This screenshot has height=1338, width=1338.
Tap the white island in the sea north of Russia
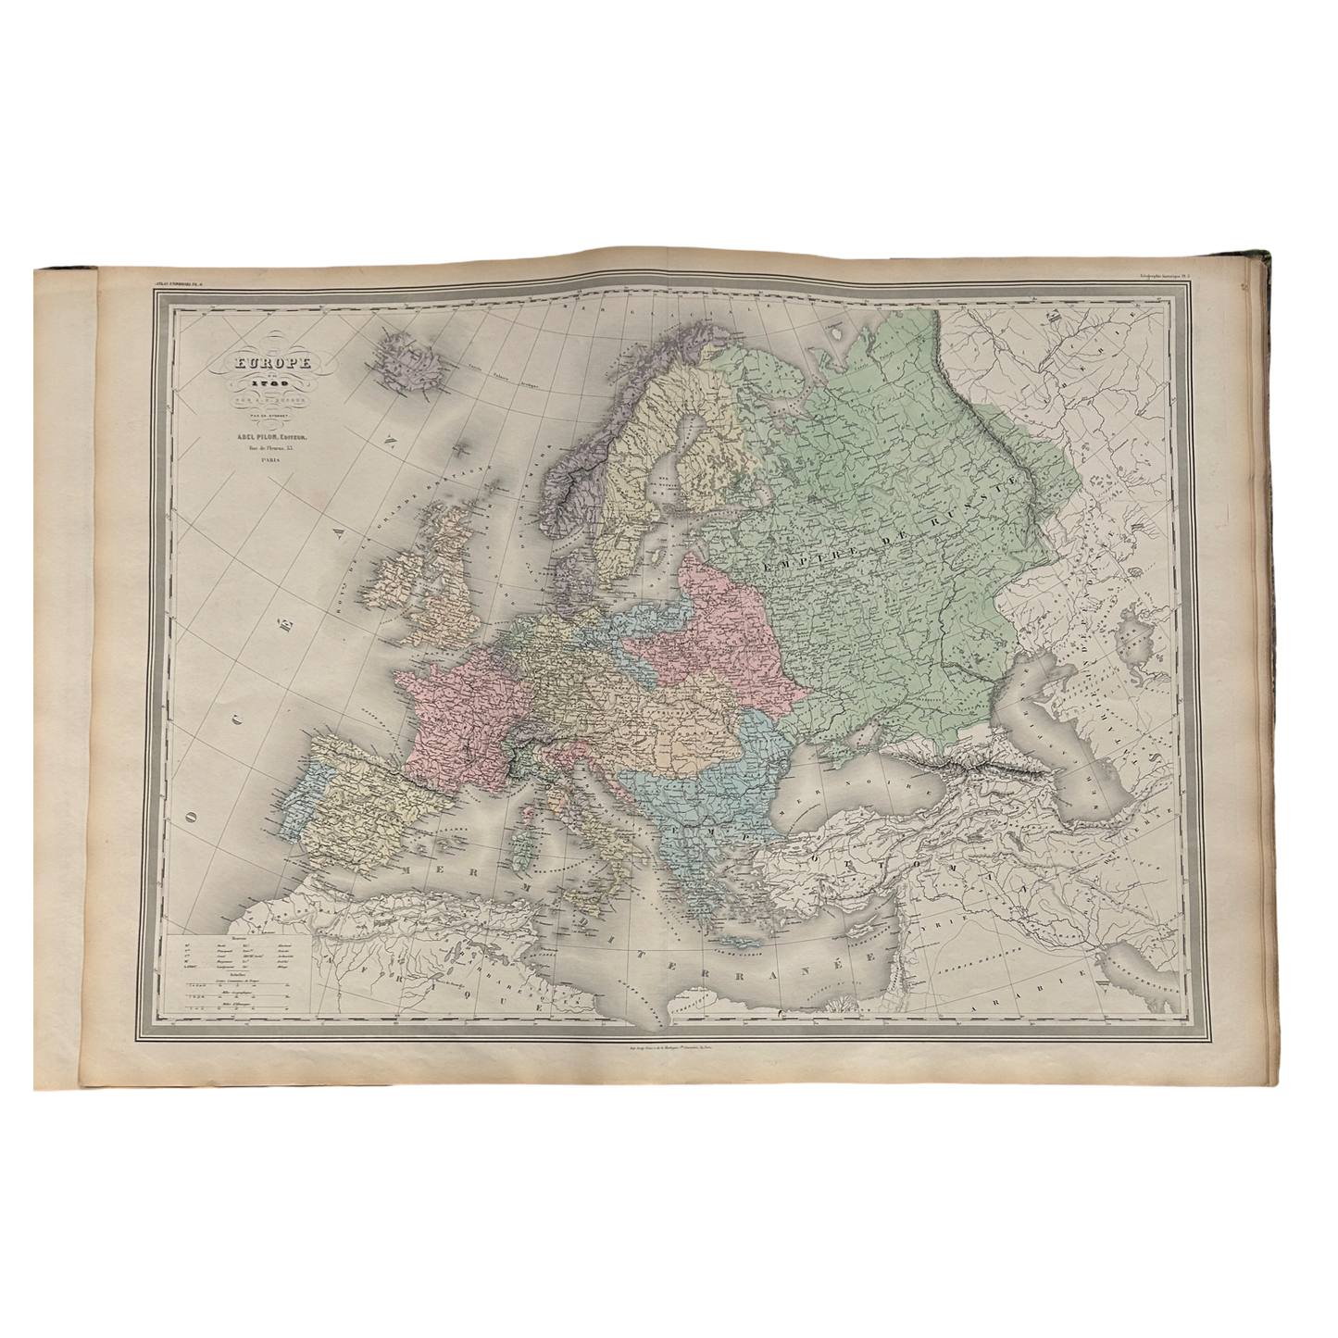(838, 328)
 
